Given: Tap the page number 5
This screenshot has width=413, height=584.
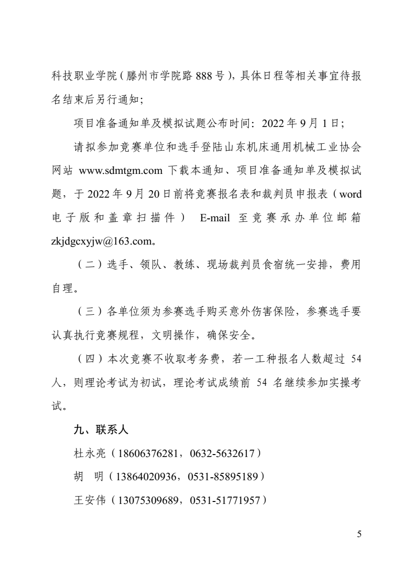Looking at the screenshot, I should click(359, 534).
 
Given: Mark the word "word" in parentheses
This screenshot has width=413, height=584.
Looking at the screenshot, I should click(350, 195).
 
